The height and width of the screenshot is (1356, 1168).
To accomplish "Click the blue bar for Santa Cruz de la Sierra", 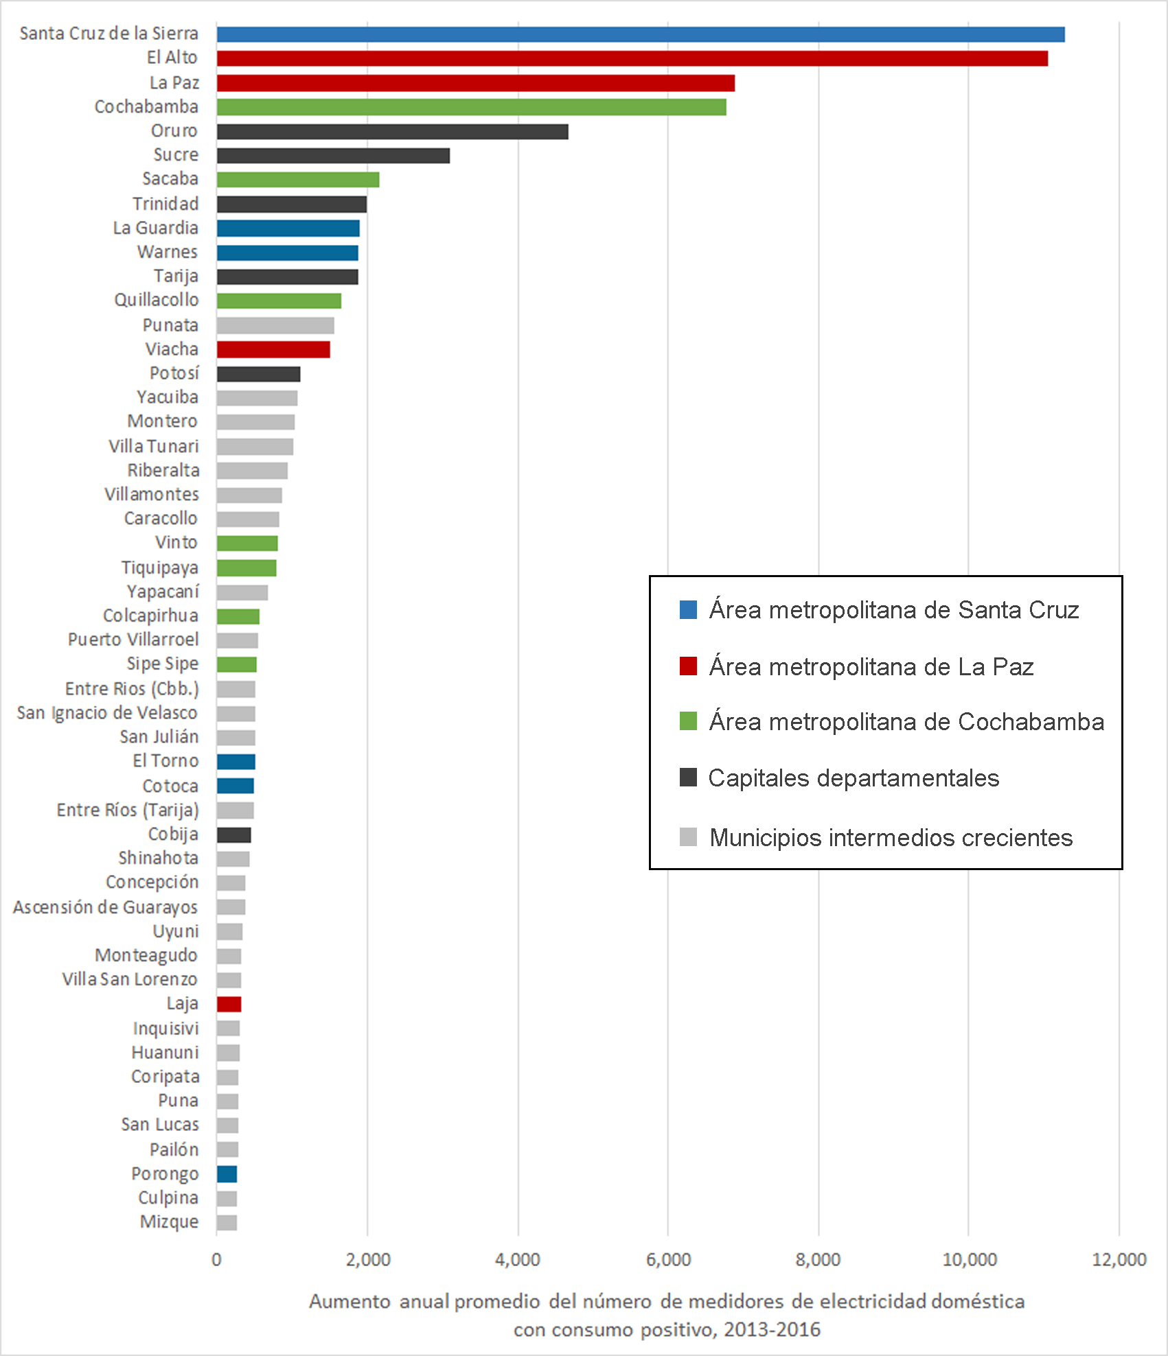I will click(640, 34).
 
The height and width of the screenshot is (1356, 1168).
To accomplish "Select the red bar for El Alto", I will click(632, 58).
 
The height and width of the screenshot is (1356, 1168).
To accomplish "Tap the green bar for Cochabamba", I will click(471, 107).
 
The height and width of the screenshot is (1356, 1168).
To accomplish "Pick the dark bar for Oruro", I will click(392, 132).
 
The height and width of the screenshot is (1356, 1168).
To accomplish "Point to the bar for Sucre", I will click(333, 156).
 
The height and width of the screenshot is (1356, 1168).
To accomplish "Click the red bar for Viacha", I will click(273, 349).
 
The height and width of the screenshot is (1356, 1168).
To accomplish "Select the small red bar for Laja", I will click(229, 1004).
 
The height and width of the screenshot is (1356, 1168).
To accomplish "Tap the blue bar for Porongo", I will click(227, 1174).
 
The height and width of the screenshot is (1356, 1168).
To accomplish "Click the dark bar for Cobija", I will click(233, 835).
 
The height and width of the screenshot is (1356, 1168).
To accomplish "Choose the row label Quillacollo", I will click(157, 300).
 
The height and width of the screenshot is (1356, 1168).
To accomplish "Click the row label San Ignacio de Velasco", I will click(107, 713).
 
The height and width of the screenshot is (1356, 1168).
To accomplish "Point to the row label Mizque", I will click(169, 1221).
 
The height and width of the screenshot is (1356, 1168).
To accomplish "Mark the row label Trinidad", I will click(165, 204).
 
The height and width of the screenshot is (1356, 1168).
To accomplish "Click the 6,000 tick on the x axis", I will click(668, 1259).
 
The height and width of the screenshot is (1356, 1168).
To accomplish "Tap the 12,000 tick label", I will click(1119, 1259).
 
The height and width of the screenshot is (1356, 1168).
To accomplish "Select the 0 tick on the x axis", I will click(216, 1259).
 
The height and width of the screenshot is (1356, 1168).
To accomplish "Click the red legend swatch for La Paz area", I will click(688, 666).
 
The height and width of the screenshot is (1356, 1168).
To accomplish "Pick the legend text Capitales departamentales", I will click(854, 778).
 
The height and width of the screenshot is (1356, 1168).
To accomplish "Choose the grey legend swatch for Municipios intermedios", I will click(688, 837).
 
